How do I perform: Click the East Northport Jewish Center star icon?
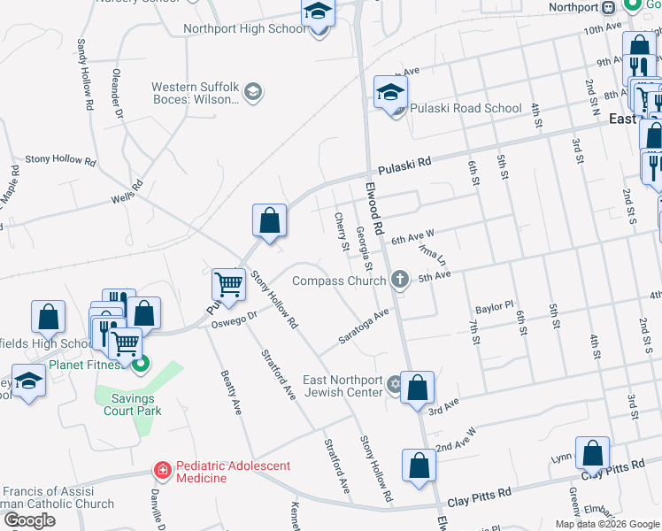[x=394, y=383]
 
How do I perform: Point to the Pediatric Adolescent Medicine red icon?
[x=162, y=470]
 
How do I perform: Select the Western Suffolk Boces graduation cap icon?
[x=254, y=93]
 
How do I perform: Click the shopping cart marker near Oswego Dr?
[x=228, y=285]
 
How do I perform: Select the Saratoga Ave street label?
[x=364, y=327]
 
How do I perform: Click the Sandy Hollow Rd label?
[x=85, y=74]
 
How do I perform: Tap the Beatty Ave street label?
[x=229, y=392]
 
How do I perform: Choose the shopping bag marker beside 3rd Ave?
[x=417, y=389]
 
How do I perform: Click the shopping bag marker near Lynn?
[x=592, y=453]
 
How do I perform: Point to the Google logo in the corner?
[x=29, y=520]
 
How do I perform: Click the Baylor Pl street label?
[x=494, y=308]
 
